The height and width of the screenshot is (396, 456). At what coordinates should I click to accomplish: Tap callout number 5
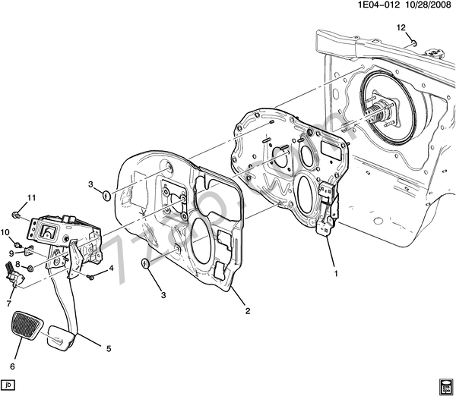(x=108, y=349)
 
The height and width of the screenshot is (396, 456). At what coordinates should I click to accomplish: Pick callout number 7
(x=8, y=304)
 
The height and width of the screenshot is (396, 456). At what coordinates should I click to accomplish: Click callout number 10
(x=5, y=232)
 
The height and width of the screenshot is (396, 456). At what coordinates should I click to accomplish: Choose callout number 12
(x=401, y=28)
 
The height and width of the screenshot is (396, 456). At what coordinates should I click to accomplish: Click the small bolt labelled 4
(x=91, y=277)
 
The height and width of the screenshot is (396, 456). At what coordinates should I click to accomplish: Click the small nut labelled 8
(x=29, y=267)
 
